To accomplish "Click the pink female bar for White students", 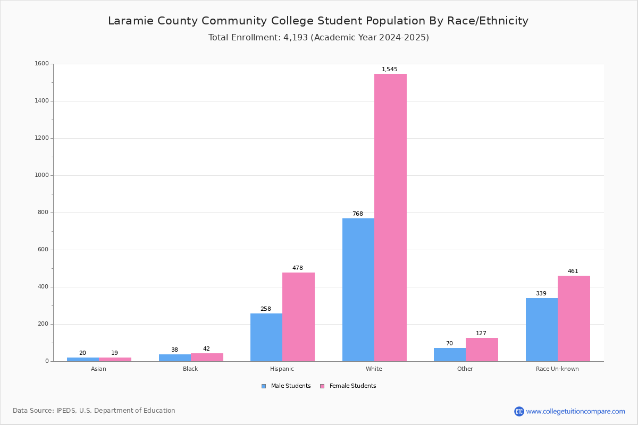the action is point(390,217).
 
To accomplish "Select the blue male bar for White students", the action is point(358,290).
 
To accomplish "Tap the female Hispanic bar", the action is point(298,317).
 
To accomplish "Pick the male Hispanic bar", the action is point(266,337).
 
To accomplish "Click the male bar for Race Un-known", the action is point(542,329).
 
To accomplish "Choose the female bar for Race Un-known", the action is point(574,319).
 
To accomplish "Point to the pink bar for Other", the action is point(482,350).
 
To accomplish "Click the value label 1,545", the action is point(389,69).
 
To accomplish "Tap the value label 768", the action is point(358,214).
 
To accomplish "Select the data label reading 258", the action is point(266,309).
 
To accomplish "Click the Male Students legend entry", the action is point(286,386).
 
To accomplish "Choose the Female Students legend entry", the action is point(348,386).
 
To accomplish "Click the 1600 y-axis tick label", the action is point(41,63).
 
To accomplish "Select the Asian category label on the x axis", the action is point(98,369).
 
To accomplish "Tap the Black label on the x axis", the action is point(190,369).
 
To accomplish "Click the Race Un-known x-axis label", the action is point(557,369).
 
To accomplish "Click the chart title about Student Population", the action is point(318,21).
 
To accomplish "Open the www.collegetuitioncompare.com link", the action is point(576,411).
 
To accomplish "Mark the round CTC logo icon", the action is point(519,411).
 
